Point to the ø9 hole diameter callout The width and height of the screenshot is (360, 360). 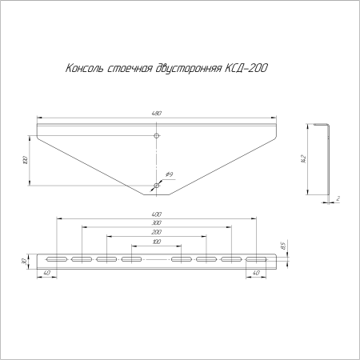[170, 174]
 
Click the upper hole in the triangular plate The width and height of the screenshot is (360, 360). [156, 137]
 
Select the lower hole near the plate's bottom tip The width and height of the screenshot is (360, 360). [156, 186]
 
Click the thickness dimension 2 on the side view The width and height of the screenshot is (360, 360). [339, 198]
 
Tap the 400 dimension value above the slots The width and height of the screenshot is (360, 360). [156, 214]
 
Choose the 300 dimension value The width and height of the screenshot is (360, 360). [156, 223]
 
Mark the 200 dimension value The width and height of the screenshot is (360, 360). [156, 232]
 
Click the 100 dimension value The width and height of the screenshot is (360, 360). [156, 241]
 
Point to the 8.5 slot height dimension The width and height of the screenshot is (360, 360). [282, 245]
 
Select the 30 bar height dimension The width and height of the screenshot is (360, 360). [25, 261]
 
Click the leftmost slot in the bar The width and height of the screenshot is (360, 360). [56, 260]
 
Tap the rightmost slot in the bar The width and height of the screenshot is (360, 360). [256, 260]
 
